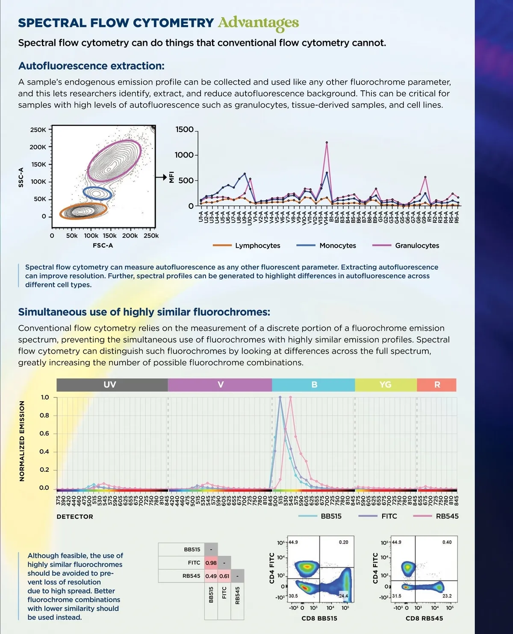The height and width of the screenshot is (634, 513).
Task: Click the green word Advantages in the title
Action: pyautogui.click(x=258, y=23)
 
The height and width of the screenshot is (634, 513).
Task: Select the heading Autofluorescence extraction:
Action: pyautogui.click(x=91, y=66)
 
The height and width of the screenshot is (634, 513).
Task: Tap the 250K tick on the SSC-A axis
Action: pyautogui.click(x=38, y=130)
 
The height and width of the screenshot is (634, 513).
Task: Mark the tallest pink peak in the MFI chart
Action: pyautogui.click(x=327, y=142)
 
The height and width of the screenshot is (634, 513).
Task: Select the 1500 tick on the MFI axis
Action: pyautogui.click(x=184, y=130)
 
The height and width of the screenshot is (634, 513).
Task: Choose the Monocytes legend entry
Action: pyautogui.click(x=337, y=246)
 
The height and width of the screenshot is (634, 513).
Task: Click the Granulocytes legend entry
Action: pyautogui.click(x=417, y=246)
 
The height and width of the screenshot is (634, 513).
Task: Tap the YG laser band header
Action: pyautogui.click(x=386, y=385)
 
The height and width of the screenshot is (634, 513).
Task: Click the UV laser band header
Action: pyautogui.click(x=110, y=385)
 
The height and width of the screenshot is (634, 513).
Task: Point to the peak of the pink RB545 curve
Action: pyautogui.click(x=290, y=397)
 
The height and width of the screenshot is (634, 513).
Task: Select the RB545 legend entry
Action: pyautogui.click(x=447, y=516)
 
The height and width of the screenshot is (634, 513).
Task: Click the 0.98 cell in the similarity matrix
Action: pyautogui.click(x=211, y=563)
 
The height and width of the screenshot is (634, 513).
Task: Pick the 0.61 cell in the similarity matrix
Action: pyautogui.click(x=224, y=576)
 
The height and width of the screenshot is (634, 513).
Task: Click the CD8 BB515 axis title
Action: pyautogui.click(x=319, y=618)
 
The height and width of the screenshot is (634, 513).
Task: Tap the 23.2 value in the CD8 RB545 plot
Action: pyautogui.click(x=447, y=596)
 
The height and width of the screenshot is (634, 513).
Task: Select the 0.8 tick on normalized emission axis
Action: pyautogui.click(x=44, y=415)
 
